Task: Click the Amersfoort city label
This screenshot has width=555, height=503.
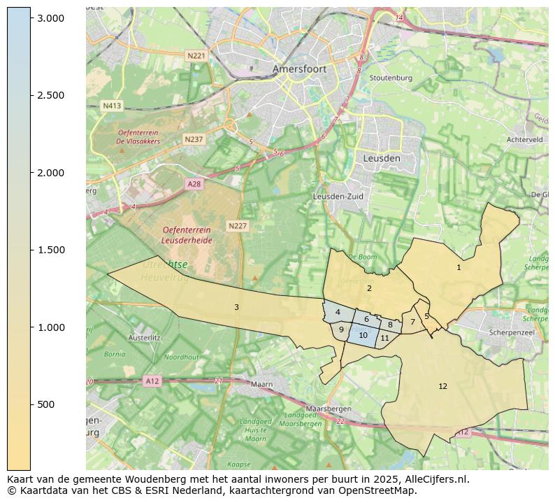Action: tap(300, 69)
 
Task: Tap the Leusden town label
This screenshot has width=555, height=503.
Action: tap(382, 159)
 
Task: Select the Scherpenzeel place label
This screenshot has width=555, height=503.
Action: tap(512, 332)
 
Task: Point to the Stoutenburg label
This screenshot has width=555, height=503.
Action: tap(390, 78)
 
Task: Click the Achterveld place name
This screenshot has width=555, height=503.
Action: tap(525, 140)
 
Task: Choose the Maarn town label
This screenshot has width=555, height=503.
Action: tap(261, 384)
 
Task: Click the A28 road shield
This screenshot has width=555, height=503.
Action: tap(195, 183)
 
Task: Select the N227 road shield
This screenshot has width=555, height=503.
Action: tap(238, 226)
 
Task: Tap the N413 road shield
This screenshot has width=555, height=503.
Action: tap(112, 106)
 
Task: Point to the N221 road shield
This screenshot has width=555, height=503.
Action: tap(196, 55)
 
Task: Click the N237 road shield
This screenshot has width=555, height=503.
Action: tap(194, 139)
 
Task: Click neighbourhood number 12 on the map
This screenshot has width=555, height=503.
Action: tap(442, 386)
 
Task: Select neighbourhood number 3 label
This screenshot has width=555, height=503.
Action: tap(236, 307)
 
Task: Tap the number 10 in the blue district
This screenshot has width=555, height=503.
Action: tap(363, 335)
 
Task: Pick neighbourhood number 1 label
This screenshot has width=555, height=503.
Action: tap(459, 267)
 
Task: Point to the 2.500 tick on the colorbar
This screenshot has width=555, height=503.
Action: tap(51, 95)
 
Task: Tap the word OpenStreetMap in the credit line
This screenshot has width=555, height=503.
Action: tap(381, 490)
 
